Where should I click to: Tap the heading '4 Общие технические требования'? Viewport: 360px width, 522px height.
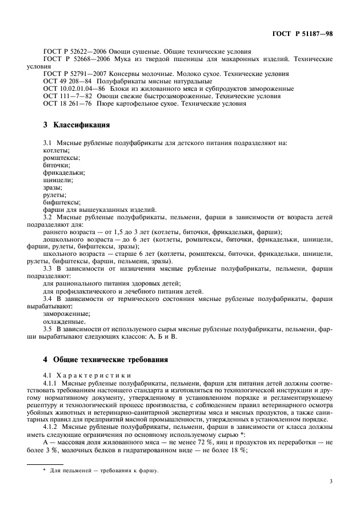[106, 360]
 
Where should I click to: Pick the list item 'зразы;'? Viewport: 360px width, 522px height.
[53, 187]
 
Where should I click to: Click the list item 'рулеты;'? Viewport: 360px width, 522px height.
[55, 194]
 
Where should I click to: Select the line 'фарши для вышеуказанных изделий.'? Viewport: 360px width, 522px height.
[92, 209]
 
